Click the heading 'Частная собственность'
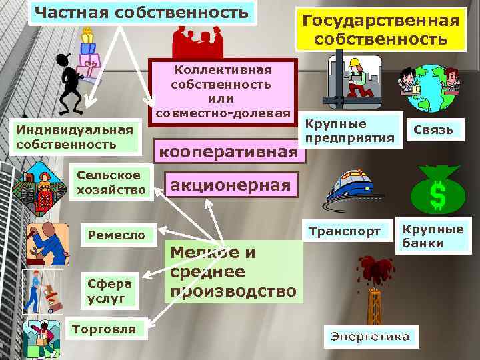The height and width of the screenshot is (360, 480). click(142, 13)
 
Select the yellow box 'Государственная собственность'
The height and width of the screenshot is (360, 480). click(381, 30)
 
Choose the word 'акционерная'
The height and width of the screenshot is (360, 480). click(231, 184)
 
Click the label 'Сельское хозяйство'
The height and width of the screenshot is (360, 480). click(109, 183)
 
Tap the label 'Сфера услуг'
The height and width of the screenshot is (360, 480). click(110, 291)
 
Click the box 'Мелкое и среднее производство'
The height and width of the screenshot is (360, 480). click(233, 271)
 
